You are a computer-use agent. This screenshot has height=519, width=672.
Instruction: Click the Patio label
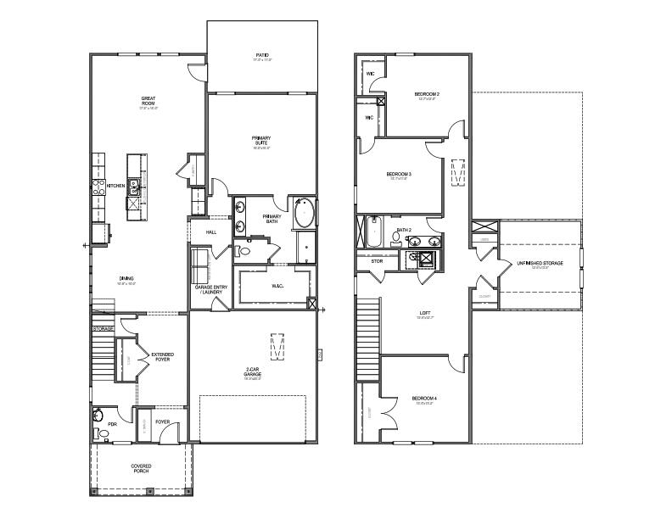[x=262, y=56]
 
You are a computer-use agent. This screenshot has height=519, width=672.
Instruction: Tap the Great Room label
[x=148, y=102]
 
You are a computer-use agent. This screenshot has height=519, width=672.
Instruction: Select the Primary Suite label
[x=261, y=140]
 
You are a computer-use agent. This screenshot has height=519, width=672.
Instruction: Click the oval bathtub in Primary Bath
[x=304, y=213]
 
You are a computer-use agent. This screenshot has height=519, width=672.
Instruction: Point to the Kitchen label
[x=115, y=186]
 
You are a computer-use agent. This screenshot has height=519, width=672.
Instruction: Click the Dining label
[x=126, y=278]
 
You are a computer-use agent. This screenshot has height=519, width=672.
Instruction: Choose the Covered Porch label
[x=141, y=467]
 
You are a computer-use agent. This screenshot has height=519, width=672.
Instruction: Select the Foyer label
[x=163, y=421]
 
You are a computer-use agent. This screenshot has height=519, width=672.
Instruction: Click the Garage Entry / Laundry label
[x=209, y=290]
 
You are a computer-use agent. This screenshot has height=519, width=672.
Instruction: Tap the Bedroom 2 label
[x=427, y=94]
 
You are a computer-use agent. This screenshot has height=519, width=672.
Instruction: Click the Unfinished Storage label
[x=540, y=264]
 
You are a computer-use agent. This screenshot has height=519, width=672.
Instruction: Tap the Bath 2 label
[x=403, y=230]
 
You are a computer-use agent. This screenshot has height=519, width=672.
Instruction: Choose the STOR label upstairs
[x=378, y=261]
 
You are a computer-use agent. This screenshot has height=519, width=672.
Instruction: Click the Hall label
[x=211, y=232]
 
